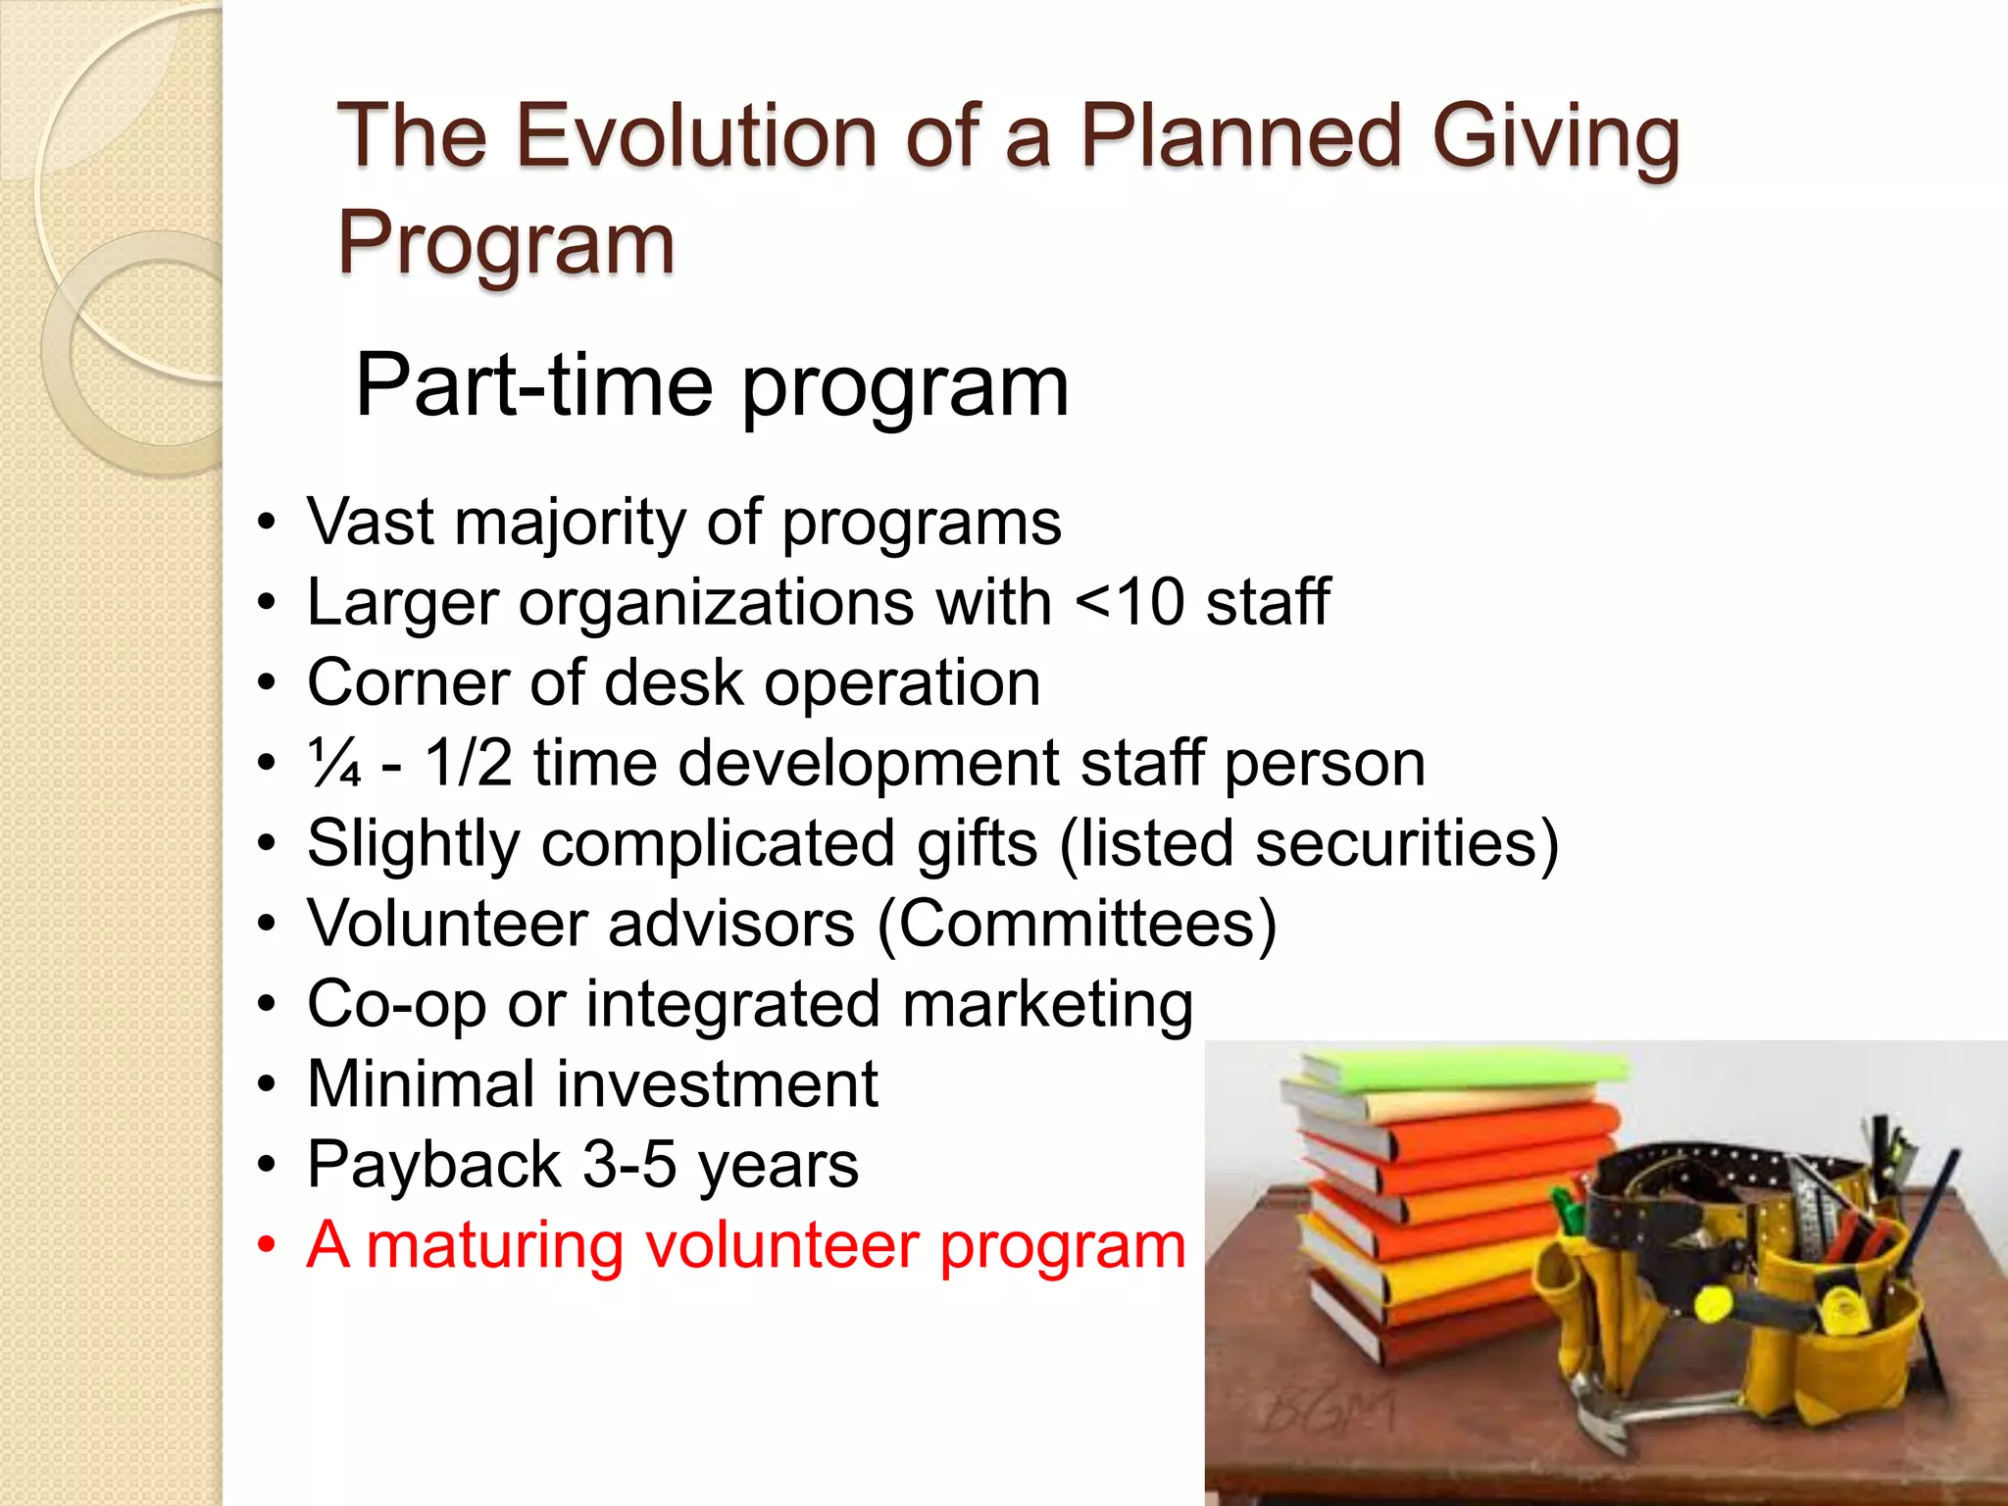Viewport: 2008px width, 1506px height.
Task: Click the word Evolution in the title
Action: (x=696, y=137)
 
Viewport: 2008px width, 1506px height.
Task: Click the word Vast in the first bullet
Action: (x=371, y=522)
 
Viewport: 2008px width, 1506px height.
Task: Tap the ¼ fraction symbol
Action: (x=334, y=764)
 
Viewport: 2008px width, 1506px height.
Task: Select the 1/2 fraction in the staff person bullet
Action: (x=468, y=763)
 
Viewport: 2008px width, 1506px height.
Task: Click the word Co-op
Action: (x=396, y=1005)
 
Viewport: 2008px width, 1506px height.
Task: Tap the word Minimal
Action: (x=422, y=1084)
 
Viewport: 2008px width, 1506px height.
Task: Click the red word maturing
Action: (x=495, y=1245)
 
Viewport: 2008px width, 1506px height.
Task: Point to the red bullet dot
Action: (x=267, y=1245)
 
